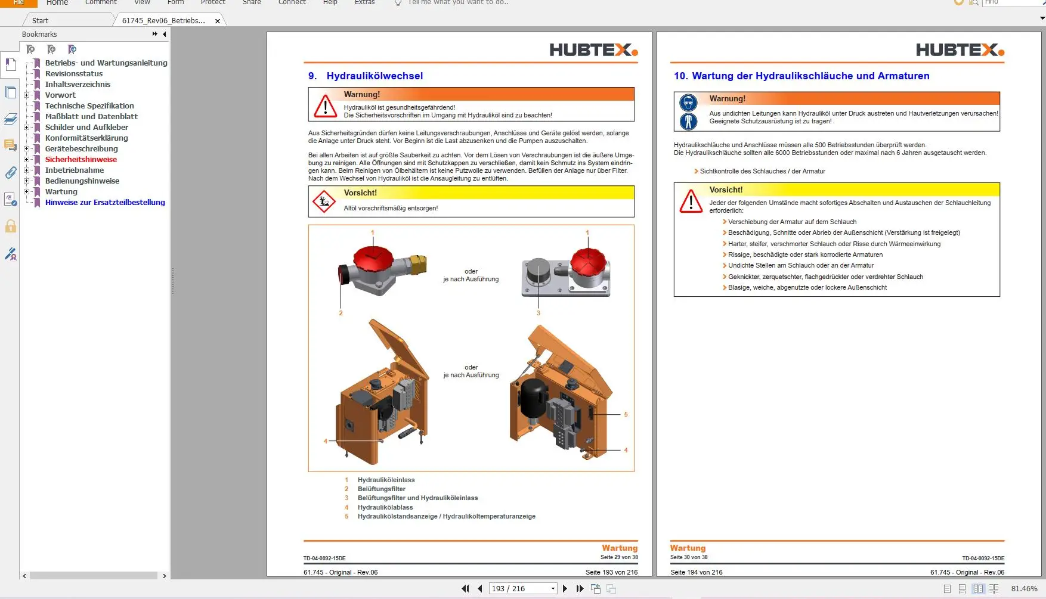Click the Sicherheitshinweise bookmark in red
point(81,160)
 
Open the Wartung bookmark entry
point(61,192)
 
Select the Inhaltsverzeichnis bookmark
point(78,85)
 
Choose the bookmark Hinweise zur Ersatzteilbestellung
point(105,203)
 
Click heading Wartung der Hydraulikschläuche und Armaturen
point(810,76)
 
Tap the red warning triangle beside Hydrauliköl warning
point(325,107)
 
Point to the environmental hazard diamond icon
point(324,201)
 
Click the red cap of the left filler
point(373,260)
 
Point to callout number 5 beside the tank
point(626,414)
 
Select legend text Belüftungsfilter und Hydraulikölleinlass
point(417,498)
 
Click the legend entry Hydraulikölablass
point(385,508)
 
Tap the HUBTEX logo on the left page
point(593,51)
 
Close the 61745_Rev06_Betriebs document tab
point(218,21)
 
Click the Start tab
point(40,21)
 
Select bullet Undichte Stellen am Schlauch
point(800,266)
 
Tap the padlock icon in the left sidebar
point(11,226)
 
